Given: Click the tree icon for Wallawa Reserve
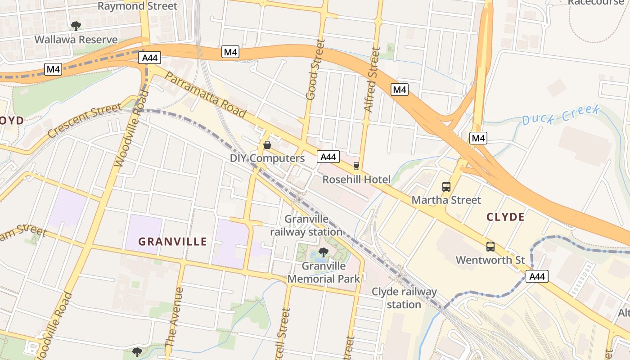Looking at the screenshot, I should tap(76, 25).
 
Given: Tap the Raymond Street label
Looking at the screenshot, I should tap(137, 6).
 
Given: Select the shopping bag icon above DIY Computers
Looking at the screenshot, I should tap(267, 145).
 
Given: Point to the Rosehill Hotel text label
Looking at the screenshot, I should tap(356, 180).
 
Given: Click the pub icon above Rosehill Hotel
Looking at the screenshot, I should tap(356, 166).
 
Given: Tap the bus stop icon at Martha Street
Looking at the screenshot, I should tap(446, 186).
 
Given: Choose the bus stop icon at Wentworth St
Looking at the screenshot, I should tap(490, 247).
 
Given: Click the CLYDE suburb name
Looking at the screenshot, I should tap(505, 217).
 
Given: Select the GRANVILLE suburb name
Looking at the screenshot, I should tap(172, 242).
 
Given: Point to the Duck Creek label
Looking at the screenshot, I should tap(561, 115).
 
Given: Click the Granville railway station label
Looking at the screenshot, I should tap(306, 226).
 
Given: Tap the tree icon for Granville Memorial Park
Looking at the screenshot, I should tap(323, 252).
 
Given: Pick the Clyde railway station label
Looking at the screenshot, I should tap(404, 298).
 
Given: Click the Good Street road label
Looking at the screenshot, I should tap(315, 70).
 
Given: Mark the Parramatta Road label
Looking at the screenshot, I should tap(206, 94).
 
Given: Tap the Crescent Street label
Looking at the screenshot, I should tap(85, 121).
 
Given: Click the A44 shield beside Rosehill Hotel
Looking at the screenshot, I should tap(328, 157).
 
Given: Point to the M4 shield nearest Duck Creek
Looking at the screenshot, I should tap(478, 138).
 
